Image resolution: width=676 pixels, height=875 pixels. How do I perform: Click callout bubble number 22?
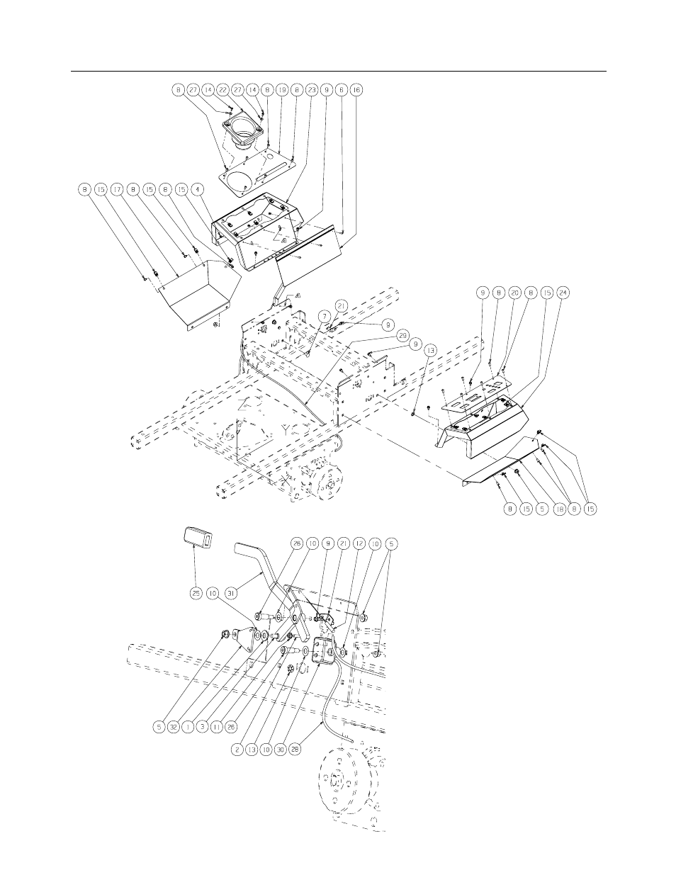click(x=222, y=91)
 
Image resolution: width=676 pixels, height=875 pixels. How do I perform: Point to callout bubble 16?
click(x=356, y=91)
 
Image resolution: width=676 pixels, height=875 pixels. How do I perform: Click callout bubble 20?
click(x=514, y=292)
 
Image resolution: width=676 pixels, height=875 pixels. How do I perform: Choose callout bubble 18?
click(x=558, y=508)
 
